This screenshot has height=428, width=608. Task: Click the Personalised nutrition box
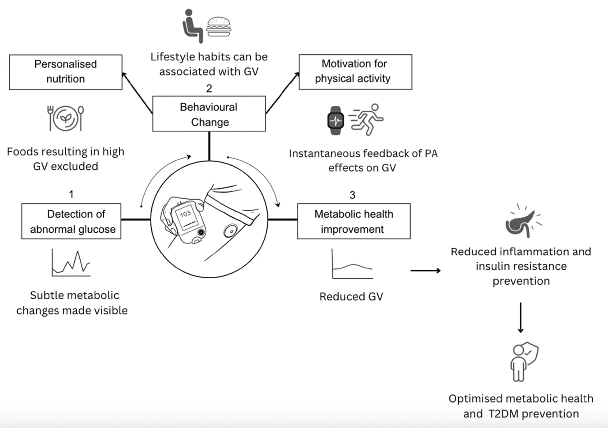(x=65, y=72)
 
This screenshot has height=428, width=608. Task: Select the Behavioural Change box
(x=209, y=114)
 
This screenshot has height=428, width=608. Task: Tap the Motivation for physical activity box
(x=355, y=72)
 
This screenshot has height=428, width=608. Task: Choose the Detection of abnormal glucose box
(x=71, y=221)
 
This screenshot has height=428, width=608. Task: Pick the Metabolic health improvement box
(x=354, y=221)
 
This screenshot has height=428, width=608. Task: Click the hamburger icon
(x=219, y=26)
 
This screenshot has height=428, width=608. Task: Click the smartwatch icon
(x=336, y=120)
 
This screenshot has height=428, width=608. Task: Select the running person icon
(x=367, y=119)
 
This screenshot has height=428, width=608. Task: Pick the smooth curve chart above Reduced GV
(x=352, y=264)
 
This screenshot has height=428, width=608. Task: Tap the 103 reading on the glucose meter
(x=186, y=214)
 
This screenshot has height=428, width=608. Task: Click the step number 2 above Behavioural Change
(x=209, y=88)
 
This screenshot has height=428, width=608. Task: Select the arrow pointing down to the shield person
(x=521, y=317)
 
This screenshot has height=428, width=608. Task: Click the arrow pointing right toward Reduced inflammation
(x=425, y=270)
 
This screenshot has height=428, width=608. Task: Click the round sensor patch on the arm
(x=230, y=230)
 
